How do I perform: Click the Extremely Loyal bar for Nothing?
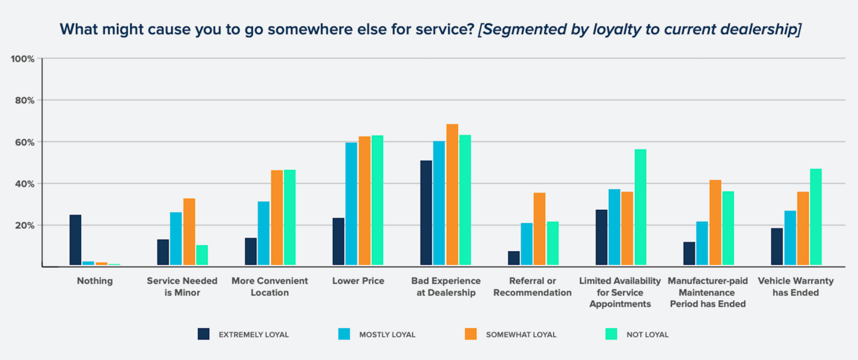[x=76, y=240]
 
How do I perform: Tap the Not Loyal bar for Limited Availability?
[x=640, y=207]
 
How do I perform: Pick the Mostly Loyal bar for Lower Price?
[x=351, y=204]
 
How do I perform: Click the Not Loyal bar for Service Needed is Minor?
[x=202, y=256]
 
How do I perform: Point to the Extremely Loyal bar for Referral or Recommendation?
[x=514, y=258]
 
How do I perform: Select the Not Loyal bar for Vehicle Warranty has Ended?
[x=815, y=217]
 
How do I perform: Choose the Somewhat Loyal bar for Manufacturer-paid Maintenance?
[x=715, y=223]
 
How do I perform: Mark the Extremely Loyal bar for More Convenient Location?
[x=251, y=252]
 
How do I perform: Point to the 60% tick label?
[x=24, y=142]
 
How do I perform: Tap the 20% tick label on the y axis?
[x=24, y=226]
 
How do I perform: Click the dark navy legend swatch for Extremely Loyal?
[x=204, y=334]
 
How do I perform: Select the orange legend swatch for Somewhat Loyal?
[x=471, y=334]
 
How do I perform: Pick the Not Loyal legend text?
[x=647, y=335]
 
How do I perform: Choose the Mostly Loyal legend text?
[x=387, y=335]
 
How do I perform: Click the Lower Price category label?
[x=358, y=281]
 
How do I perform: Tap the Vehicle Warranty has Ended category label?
[x=796, y=286]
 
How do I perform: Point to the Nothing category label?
[x=95, y=281]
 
